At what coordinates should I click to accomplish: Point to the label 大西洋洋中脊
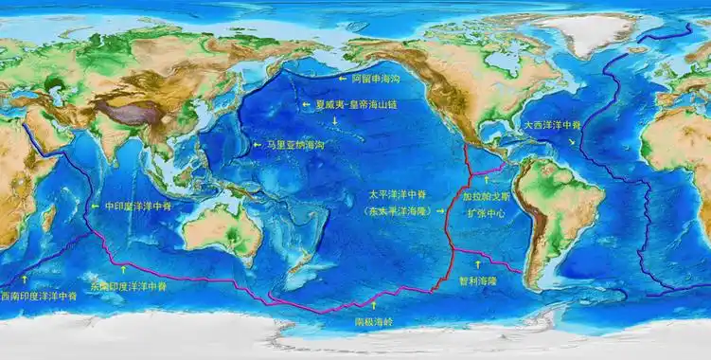pyautogui.click(x=553, y=124)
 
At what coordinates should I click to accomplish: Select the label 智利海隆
pyautogui.click(x=477, y=280)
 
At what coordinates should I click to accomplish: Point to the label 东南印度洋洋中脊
pyautogui.click(x=128, y=284)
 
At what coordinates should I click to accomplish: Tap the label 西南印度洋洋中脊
pyautogui.click(x=39, y=296)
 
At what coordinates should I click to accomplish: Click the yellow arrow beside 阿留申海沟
pyautogui.click(x=343, y=79)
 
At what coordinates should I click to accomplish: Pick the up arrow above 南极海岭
pyautogui.click(x=373, y=305)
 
